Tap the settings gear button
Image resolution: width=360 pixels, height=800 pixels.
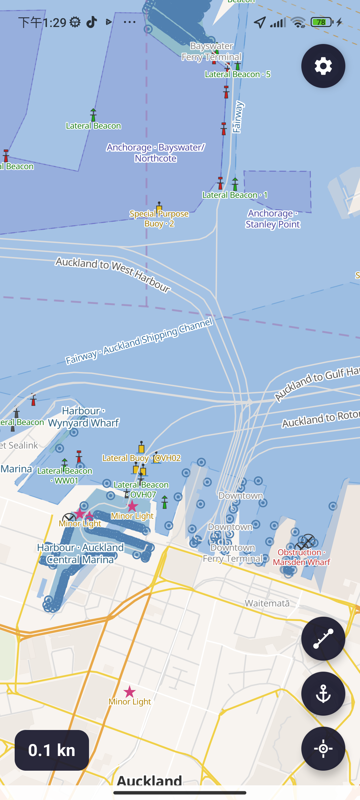(x=323, y=66)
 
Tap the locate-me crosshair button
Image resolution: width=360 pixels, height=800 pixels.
(x=323, y=748)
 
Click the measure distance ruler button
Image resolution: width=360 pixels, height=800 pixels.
(x=323, y=638)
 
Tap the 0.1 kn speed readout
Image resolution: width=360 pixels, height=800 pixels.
(x=52, y=750)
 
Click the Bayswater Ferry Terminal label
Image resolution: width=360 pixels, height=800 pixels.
(x=212, y=52)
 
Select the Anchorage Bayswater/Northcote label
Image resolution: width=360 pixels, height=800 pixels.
(x=156, y=153)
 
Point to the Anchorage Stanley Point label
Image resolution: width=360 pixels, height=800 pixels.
(x=273, y=219)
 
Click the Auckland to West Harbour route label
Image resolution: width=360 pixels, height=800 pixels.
(x=113, y=274)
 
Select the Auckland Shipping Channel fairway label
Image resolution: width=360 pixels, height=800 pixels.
(x=139, y=341)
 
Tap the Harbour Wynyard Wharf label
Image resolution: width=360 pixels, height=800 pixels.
(x=83, y=417)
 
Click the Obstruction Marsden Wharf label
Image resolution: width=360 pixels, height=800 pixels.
(x=301, y=557)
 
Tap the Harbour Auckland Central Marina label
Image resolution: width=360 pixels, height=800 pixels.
(x=80, y=553)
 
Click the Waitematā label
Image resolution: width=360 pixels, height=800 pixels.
(x=267, y=603)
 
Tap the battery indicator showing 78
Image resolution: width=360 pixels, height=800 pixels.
(x=321, y=22)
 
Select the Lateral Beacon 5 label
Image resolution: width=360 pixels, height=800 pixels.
(x=238, y=74)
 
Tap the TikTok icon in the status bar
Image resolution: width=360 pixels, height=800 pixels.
(x=92, y=22)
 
